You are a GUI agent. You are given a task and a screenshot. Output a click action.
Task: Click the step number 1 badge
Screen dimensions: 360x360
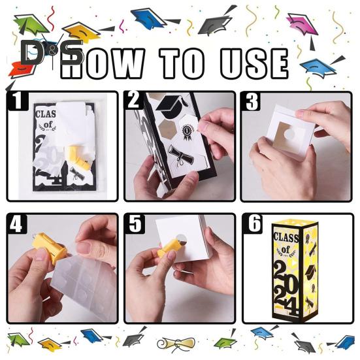click(17, 101)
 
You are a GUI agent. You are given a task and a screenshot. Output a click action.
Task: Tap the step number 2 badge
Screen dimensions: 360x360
click(134, 100)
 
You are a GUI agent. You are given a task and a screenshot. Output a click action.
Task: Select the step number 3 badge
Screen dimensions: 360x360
click(251, 101)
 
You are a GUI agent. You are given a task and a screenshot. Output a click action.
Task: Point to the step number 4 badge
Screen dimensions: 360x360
click(17, 223)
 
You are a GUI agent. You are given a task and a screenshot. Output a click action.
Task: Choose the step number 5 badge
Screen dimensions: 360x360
click(135, 223)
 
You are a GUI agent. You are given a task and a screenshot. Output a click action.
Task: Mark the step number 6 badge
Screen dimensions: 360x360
click(253, 223)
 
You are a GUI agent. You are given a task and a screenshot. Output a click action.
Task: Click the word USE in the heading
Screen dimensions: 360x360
click(254, 63)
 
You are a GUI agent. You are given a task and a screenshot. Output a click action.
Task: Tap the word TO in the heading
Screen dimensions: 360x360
click(182, 63)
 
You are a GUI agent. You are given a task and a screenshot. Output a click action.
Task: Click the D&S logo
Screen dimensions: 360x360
click(51, 52)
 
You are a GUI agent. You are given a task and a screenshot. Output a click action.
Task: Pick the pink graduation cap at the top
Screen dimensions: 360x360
click(301, 25)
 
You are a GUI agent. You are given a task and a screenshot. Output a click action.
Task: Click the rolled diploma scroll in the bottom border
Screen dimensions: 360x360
click(176, 344)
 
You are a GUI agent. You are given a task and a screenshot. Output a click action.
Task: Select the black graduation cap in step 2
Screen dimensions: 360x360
click(172, 105)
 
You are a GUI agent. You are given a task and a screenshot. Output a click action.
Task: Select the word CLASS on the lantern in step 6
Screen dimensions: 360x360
click(286, 237)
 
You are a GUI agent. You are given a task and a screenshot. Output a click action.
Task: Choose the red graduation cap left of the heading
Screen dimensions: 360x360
click(21, 69)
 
